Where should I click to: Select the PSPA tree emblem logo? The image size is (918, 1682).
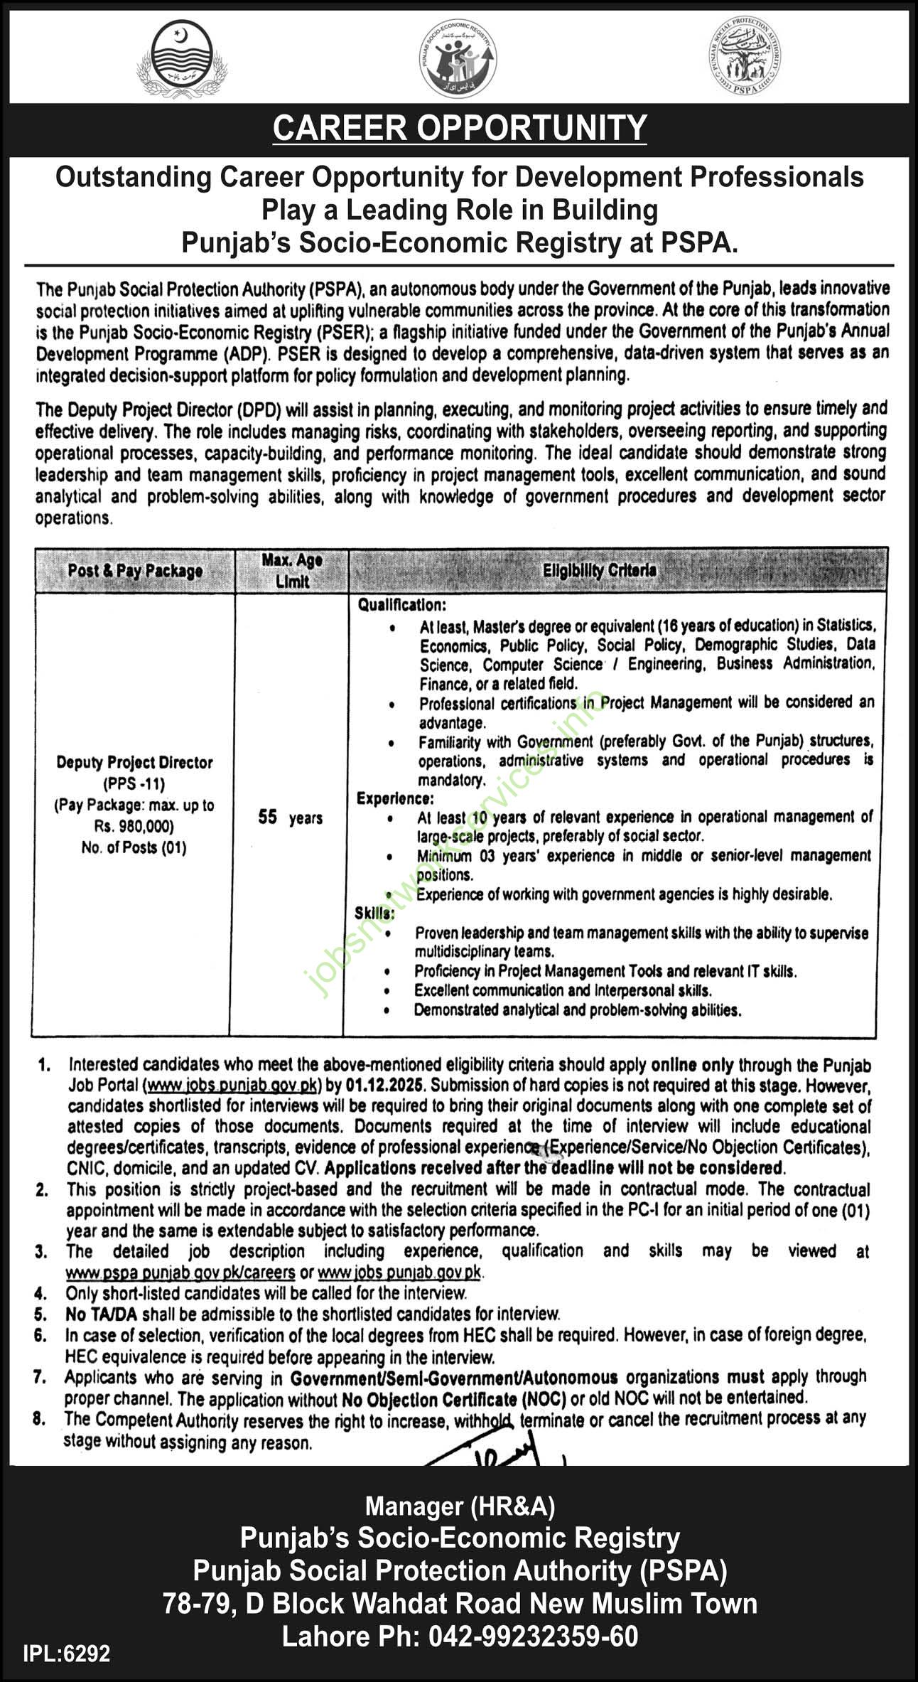point(745,56)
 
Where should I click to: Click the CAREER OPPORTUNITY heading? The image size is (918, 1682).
point(460,129)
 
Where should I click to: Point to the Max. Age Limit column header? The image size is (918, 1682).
point(291,570)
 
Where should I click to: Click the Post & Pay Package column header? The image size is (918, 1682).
point(135,571)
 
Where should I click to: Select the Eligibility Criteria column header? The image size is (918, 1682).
point(599,570)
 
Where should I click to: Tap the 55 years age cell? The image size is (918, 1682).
point(290,818)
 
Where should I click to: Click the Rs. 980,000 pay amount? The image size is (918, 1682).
point(134,826)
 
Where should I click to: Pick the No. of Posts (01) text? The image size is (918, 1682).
point(134,847)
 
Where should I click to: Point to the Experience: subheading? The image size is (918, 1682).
point(395,798)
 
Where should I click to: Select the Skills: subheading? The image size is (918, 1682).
point(374,913)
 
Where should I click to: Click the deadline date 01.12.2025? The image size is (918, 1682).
point(385,1086)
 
